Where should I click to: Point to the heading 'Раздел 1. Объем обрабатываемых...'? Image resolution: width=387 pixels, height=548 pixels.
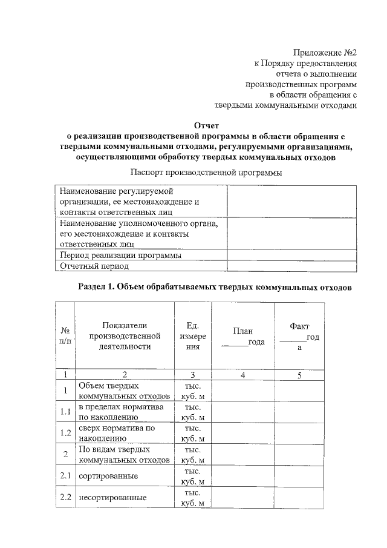[215, 286]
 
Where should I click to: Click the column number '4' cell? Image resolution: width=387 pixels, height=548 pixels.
[242, 375]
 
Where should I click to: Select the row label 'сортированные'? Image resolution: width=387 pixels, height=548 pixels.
[108, 477]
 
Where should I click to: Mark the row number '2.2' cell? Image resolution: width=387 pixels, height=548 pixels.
[65, 498]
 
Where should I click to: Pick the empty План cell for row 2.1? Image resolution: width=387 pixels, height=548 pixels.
[242, 477]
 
